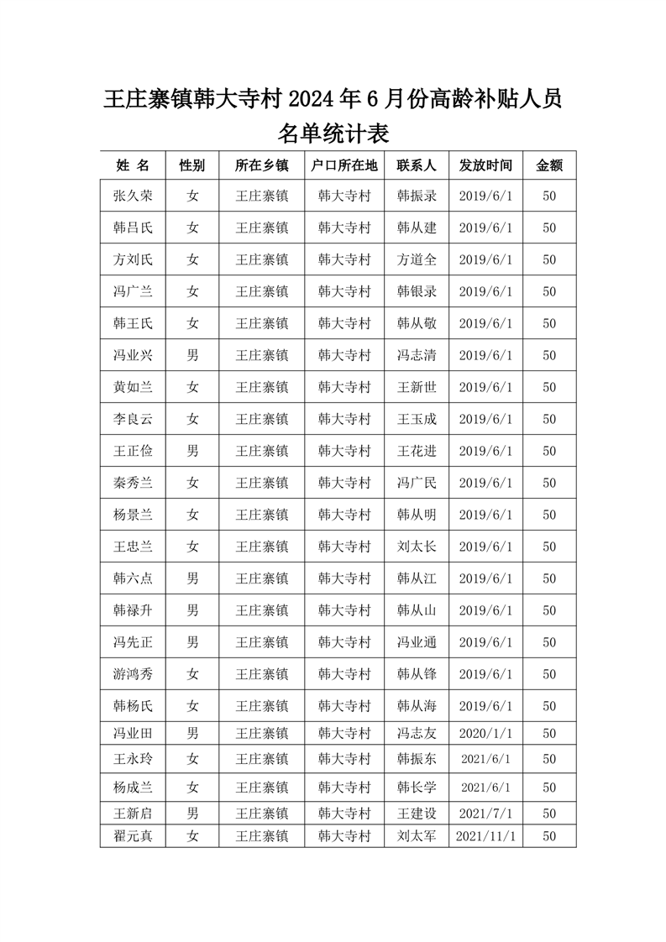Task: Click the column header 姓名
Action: pos(133,165)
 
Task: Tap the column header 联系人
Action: pos(417,165)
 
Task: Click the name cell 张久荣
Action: pos(133,196)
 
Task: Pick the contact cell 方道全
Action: pos(417,259)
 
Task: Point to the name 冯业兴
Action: pos(133,355)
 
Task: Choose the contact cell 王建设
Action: pos(417,813)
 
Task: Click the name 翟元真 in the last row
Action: pos(133,836)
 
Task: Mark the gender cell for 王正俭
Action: pos(193,451)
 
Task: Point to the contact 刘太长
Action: pos(417,547)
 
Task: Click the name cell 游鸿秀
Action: pos(133,674)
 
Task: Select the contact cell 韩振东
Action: pos(417,758)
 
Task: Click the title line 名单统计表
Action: pos(333,133)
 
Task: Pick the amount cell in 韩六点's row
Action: pos(549,578)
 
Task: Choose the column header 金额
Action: pos(549,165)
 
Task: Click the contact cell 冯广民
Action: pos(417,483)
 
